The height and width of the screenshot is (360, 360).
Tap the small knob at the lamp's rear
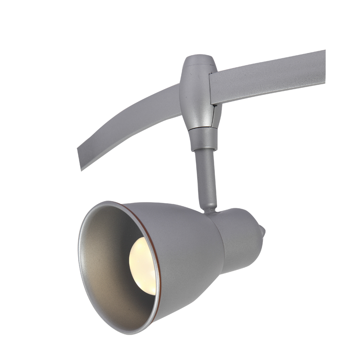pos(262,230)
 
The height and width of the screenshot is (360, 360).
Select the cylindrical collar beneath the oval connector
pos(203,139)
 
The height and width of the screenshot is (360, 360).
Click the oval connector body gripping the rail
pos(196,94)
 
